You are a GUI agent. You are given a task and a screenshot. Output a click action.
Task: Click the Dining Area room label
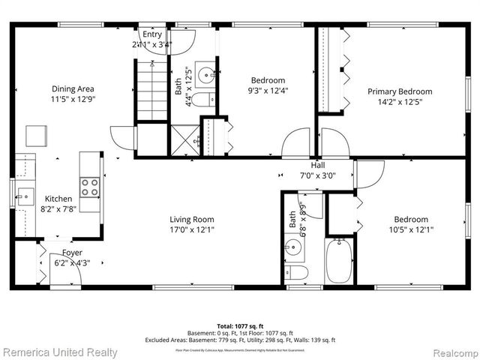[x=73, y=88]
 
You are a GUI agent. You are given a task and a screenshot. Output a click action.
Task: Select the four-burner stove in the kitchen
[x=90, y=187]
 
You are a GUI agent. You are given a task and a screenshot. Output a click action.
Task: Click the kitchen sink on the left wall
[x=25, y=196]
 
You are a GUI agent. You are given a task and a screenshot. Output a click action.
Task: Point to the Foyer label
[x=72, y=253]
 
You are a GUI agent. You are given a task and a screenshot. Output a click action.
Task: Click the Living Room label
[x=192, y=220]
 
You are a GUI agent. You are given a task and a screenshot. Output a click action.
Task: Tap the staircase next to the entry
[x=152, y=90]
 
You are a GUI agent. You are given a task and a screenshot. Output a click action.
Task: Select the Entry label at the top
[x=152, y=34]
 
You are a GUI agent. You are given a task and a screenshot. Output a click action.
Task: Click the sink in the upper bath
[x=205, y=75]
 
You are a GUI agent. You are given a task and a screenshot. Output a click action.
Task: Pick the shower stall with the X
[x=184, y=140]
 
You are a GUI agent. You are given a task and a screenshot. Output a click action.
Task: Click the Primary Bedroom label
[x=399, y=91]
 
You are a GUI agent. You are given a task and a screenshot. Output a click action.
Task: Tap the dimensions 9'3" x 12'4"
[x=268, y=91]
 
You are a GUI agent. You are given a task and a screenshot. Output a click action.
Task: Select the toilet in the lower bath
[x=296, y=271]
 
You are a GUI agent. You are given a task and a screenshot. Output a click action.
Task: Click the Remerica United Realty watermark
[x=60, y=352]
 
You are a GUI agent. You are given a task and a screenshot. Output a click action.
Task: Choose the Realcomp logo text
[x=448, y=352]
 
